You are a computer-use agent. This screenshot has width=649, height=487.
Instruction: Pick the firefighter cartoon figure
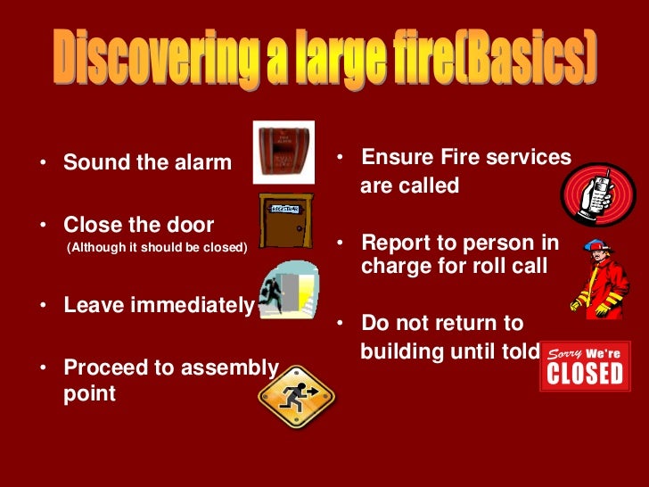601,280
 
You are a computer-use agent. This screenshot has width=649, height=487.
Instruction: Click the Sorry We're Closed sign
585,365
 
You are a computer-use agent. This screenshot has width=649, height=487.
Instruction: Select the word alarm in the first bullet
197,163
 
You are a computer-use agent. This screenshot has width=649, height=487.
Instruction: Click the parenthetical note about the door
156,247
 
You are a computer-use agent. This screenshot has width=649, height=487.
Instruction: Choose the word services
532,158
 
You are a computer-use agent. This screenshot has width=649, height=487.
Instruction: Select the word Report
397,243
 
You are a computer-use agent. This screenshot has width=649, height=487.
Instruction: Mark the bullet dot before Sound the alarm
42,164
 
